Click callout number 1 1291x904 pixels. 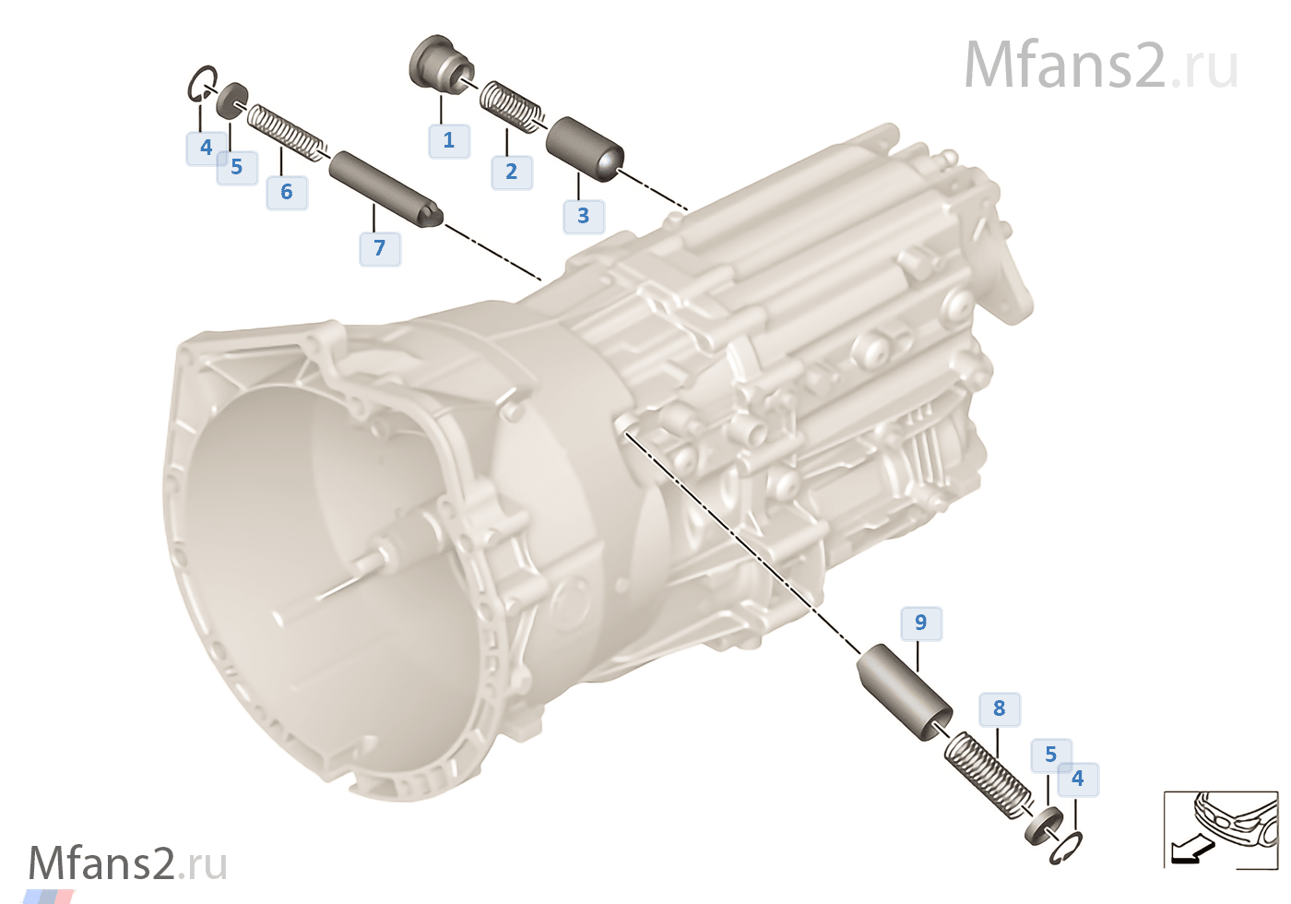coord(449,140)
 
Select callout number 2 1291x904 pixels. coord(511,172)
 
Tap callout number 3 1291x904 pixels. coord(583,216)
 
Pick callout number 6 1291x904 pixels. coord(287,192)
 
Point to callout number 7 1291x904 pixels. coord(379,248)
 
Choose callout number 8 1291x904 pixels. coord(999,708)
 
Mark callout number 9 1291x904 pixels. coord(920,623)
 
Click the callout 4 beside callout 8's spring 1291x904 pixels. coord(1077,779)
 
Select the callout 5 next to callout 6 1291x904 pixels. coord(237,167)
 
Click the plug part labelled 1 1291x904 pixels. coord(437,64)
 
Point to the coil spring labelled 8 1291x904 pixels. coord(986,770)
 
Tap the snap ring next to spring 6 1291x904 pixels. coord(202,84)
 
